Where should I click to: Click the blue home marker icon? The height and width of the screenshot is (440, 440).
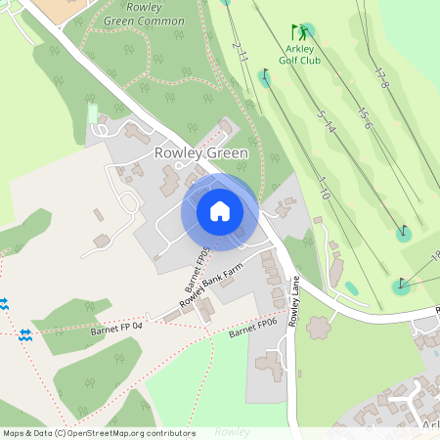(220, 211)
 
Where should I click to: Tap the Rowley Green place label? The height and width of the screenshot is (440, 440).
(201, 154)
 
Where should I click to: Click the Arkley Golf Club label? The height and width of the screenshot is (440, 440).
(302, 54)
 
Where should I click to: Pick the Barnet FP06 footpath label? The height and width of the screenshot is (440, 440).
(255, 327)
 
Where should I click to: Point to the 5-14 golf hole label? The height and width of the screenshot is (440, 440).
(328, 121)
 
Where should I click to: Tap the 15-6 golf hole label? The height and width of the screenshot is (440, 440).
(365, 118)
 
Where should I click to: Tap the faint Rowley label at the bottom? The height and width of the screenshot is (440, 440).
(233, 430)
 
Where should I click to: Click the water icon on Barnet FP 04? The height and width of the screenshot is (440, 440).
(25, 334)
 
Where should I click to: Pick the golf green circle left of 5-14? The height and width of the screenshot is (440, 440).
(265, 77)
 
